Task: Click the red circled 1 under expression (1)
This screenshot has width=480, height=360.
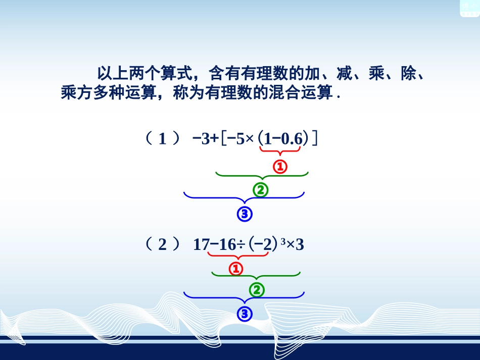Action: click(279, 166)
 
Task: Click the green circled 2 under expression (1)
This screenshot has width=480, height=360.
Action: click(260, 190)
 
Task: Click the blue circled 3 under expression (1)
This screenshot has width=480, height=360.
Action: click(245, 215)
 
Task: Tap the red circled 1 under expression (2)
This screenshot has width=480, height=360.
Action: click(236, 269)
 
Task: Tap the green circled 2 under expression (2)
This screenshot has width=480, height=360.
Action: click(257, 290)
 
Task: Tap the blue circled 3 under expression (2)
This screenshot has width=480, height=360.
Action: click(245, 315)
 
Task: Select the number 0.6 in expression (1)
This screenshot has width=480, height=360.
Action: click(291, 139)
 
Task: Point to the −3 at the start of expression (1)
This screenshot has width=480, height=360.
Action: click(201, 139)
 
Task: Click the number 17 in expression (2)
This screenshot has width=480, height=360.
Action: click(201, 245)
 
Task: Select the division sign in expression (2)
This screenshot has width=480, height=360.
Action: click(242, 245)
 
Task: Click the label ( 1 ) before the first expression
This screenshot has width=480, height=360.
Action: click(162, 139)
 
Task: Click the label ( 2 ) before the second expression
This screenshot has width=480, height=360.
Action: click(162, 245)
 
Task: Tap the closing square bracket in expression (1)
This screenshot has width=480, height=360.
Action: click(315, 138)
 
